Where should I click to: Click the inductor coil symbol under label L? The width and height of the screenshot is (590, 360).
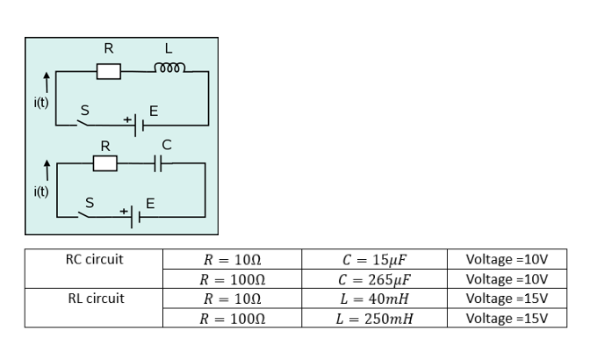click(x=168, y=69)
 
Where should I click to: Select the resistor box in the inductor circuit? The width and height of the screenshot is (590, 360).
click(x=108, y=71)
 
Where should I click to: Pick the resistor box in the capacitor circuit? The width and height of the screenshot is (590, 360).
click(x=104, y=163)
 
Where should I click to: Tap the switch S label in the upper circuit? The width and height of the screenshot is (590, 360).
click(x=85, y=111)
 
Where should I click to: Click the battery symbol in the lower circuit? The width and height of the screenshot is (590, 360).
click(x=134, y=214)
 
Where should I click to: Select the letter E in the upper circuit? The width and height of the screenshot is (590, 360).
click(x=154, y=111)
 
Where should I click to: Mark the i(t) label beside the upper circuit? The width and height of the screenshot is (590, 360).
click(x=41, y=102)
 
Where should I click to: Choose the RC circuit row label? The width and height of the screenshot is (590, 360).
click(x=95, y=260)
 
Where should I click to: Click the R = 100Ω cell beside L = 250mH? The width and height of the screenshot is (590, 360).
click(x=233, y=318)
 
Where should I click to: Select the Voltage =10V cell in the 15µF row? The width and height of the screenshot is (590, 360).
click(x=507, y=260)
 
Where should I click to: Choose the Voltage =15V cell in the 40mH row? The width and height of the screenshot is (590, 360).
click(x=507, y=299)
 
